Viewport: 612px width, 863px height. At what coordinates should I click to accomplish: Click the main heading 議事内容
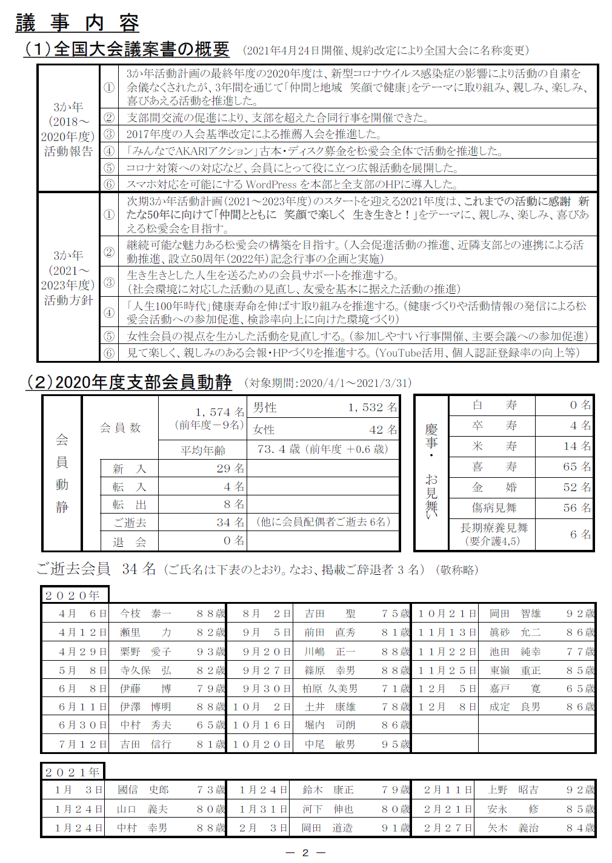77,23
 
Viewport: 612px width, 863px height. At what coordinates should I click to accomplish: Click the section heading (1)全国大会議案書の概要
127,49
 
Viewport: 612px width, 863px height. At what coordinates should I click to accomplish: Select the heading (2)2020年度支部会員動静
129,382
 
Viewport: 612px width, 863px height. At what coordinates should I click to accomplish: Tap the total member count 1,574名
219,412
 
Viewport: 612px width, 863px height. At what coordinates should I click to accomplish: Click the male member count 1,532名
372,408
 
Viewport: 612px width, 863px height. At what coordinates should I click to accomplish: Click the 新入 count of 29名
230,469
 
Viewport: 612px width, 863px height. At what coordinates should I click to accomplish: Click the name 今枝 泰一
145,613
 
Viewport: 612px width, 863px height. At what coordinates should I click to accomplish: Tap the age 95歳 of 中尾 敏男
396,744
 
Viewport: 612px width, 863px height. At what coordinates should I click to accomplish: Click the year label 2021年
73,772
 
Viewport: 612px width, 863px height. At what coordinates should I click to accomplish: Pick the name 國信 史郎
143,790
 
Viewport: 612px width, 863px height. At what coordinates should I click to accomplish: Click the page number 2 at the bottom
305,853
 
